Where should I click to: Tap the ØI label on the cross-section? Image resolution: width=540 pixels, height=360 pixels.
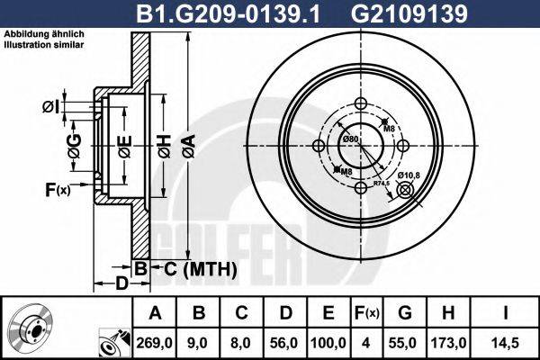click(x=50, y=108)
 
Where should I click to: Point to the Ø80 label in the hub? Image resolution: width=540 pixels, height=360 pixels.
click(x=350, y=139)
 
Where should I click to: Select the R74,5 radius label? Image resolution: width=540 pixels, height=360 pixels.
click(x=382, y=183)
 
